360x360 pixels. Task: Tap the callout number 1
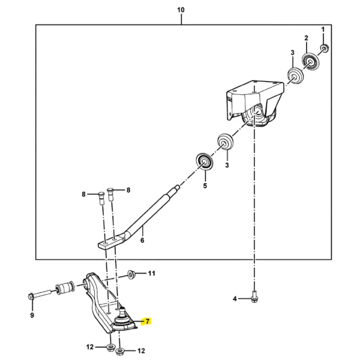click(x=322, y=29)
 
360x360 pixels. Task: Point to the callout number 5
click(x=205, y=186)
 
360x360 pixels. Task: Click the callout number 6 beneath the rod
click(x=142, y=241)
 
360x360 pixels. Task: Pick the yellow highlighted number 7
click(x=145, y=322)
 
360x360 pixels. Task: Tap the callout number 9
click(x=32, y=315)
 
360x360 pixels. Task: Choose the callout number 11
click(x=151, y=274)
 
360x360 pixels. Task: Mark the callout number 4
click(x=235, y=298)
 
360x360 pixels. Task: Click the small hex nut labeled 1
click(x=324, y=49)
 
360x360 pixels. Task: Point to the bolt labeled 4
click(x=254, y=295)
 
